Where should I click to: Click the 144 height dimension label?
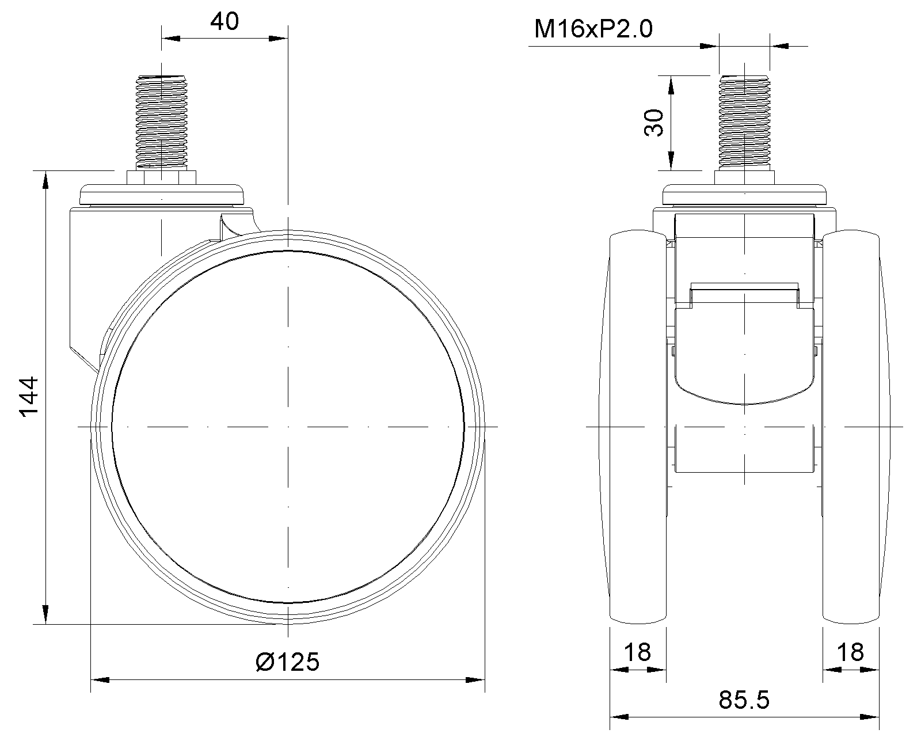29,396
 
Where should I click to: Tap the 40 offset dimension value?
224,21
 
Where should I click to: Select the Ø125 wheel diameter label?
287,662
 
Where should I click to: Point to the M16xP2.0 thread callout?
593,29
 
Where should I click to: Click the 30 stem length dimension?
653,123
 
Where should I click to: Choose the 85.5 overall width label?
744,700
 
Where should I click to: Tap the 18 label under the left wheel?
637,652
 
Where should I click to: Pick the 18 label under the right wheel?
850,652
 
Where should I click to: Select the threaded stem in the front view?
744,121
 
